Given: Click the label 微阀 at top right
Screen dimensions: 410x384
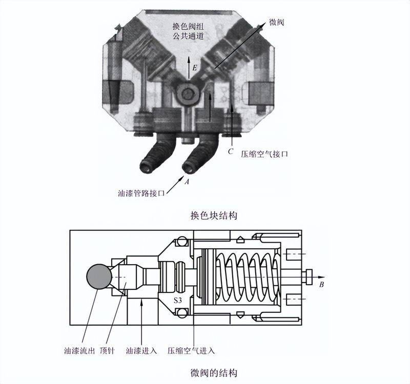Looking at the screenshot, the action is click(276, 23).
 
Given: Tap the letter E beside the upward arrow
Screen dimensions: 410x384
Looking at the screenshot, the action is click(194, 68).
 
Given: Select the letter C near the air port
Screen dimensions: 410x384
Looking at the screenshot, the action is click(230, 152).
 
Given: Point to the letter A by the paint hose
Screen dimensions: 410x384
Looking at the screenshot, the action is click(187, 182).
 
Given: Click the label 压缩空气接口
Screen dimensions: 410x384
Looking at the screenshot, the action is click(264, 154).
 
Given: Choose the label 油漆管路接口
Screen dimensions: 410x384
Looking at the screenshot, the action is click(141, 194).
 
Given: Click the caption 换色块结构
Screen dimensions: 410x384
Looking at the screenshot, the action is click(214, 216).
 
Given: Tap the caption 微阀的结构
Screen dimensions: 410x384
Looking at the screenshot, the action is click(214, 373).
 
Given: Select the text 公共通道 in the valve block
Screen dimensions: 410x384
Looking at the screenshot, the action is click(188, 36).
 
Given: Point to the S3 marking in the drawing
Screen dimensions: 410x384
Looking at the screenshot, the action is click(178, 301).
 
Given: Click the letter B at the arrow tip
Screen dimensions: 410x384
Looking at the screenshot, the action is click(322, 285).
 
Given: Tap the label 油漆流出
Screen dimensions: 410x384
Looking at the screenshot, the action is click(79, 351).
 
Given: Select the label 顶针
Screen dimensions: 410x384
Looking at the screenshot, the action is click(107, 351).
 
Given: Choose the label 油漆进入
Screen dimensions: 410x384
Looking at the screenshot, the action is click(141, 351).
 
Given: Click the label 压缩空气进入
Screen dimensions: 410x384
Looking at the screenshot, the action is click(191, 351).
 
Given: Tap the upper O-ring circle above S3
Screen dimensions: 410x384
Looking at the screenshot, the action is click(181, 242).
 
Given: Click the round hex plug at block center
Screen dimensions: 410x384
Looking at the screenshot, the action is click(188, 94).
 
